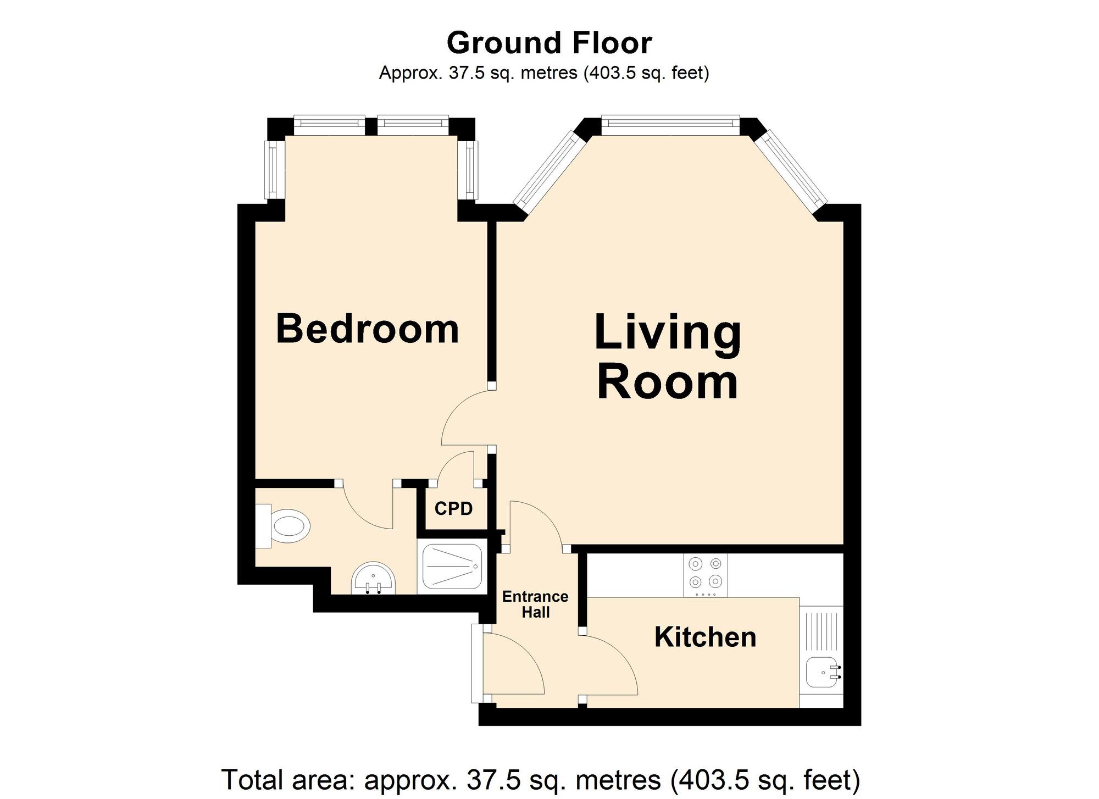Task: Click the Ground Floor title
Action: [549, 43]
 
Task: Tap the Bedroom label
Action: [367, 329]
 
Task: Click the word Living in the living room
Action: [668, 332]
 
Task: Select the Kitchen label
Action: [705, 637]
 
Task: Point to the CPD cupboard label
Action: [453, 509]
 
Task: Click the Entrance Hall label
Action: [535, 604]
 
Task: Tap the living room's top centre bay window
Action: [670, 125]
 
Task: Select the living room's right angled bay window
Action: [790, 167]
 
